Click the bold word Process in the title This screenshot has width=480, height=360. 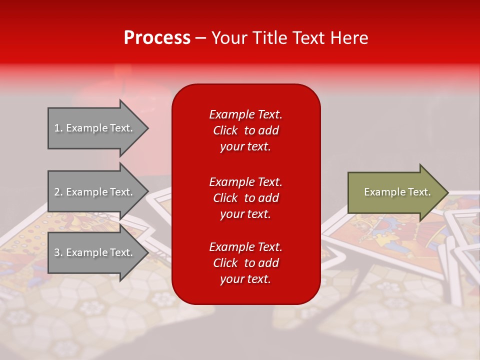click(157, 38)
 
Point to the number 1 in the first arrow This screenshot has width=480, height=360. click(57, 128)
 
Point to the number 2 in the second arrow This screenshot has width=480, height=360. click(57, 192)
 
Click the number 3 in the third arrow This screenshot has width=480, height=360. click(57, 252)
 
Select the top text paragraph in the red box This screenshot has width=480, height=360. click(245, 130)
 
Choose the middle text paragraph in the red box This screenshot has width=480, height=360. click(245, 198)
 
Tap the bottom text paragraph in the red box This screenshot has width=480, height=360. click(245, 263)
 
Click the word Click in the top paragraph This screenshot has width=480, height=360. click(225, 130)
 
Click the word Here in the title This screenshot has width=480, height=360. click(350, 38)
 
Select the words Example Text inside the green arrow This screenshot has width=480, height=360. click(397, 192)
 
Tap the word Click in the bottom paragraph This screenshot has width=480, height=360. click(225, 263)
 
